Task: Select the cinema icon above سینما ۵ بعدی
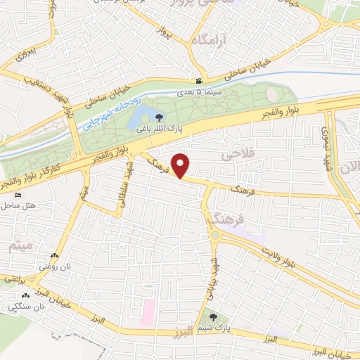[x=200, y=82]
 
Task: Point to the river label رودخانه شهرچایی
[x=112, y=114]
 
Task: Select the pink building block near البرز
[x=148, y=311]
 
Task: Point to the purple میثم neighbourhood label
[x=18, y=246]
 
